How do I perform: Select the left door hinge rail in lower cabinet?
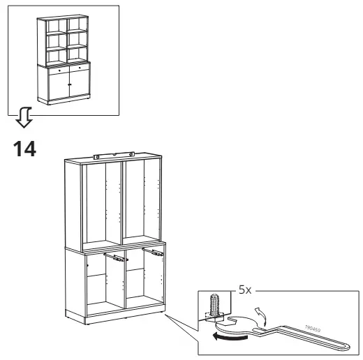[x=114, y=257]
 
